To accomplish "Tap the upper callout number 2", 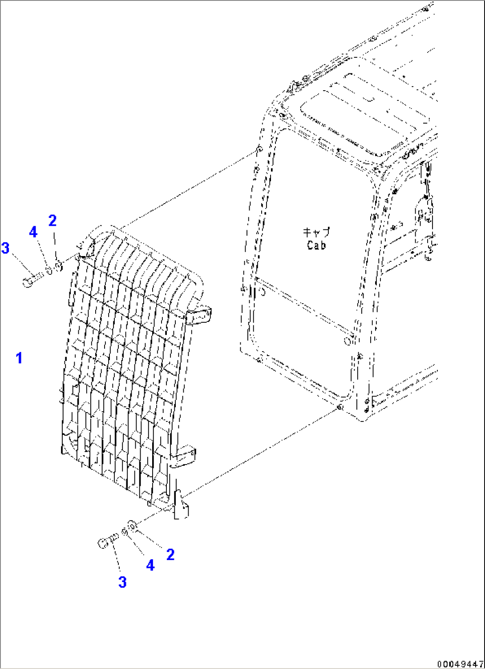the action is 53,221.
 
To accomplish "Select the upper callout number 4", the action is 33,232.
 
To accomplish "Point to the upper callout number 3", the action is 5,248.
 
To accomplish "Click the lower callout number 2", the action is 170,555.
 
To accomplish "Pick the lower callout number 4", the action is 150,565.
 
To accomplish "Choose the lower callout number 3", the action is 122,582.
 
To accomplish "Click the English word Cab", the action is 316,245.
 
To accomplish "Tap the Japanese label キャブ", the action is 316,232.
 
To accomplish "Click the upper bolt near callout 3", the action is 33,280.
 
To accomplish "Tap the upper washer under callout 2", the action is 59,266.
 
